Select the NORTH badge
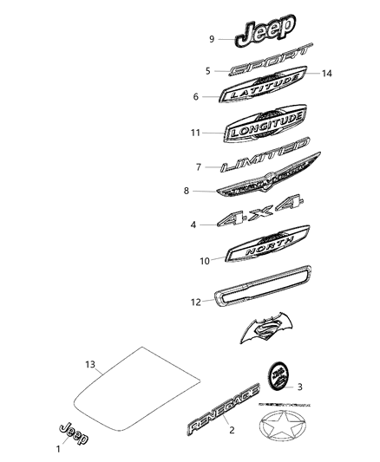point(265,251)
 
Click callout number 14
point(326,74)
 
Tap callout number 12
point(196,303)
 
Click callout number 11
point(197,133)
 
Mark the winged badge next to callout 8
point(264,190)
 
